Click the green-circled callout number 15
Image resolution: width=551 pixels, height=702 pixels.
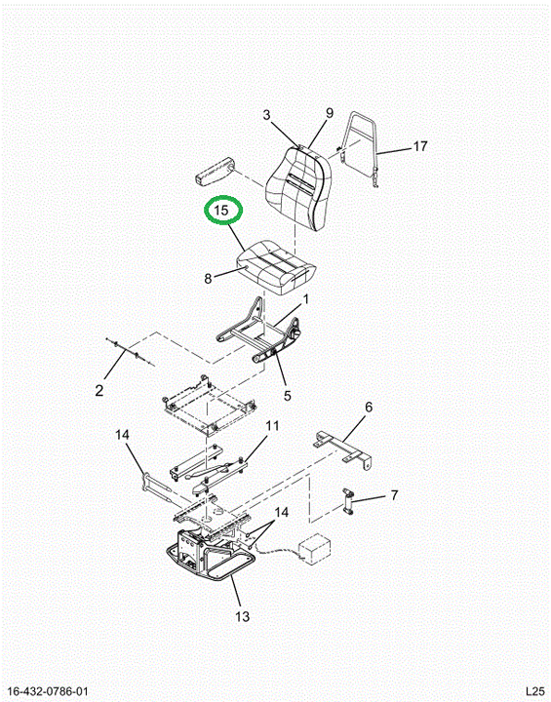(x=221, y=210)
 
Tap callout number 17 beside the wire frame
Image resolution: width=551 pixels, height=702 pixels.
(x=419, y=146)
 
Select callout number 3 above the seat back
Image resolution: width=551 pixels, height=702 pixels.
(x=267, y=115)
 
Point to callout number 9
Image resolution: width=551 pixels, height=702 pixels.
(x=330, y=113)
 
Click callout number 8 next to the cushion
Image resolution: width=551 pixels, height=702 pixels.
(x=208, y=279)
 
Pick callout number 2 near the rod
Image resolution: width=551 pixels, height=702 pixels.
(x=99, y=390)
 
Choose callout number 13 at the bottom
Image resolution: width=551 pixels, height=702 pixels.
(x=243, y=616)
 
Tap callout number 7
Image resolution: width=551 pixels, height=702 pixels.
(x=394, y=495)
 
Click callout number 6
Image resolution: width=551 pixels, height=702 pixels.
(x=369, y=407)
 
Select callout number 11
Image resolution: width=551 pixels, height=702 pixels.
(x=272, y=425)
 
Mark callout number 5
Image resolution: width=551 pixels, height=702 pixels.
(x=287, y=395)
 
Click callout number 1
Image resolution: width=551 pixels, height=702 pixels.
(x=306, y=298)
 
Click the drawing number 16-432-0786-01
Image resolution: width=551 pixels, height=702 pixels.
(x=49, y=691)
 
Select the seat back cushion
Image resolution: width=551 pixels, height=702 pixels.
(x=297, y=188)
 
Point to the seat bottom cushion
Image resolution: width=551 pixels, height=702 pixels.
(x=276, y=267)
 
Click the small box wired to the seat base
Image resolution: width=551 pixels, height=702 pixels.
(x=315, y=547)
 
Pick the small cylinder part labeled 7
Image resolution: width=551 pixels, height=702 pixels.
(x=348, y=501)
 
